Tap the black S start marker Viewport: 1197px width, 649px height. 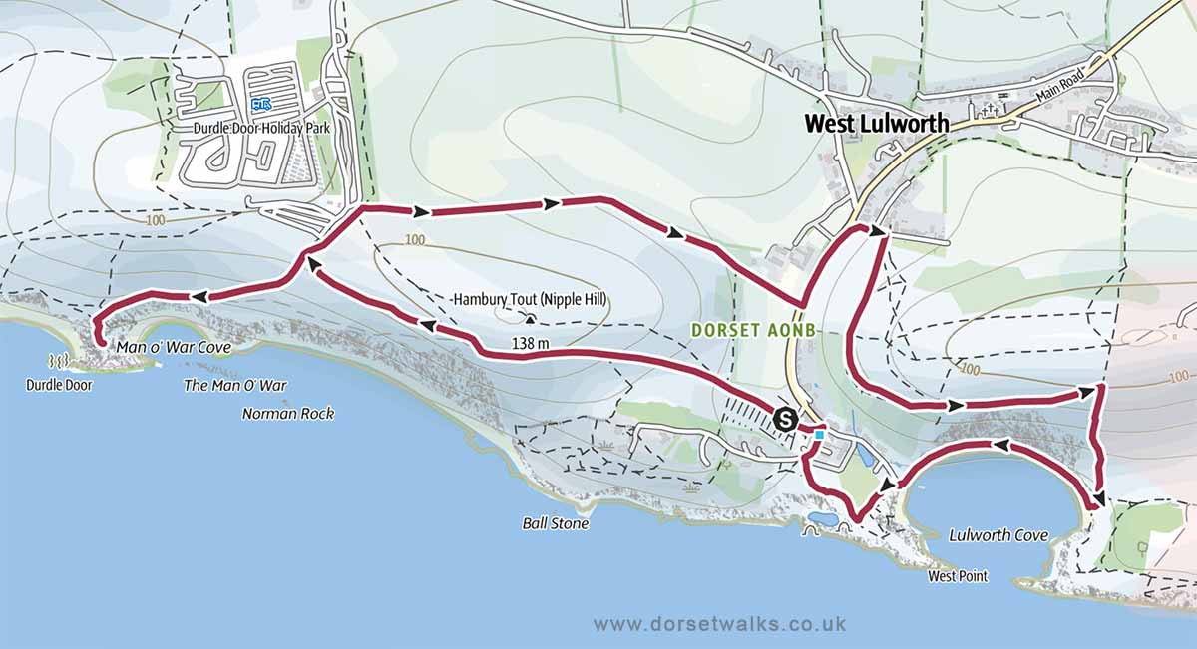785,418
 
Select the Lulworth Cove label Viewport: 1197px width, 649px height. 997,536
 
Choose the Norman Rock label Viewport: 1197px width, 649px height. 288,413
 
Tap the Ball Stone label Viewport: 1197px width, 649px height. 555,523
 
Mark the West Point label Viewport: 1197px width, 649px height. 956,576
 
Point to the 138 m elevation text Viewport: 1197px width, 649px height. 502,344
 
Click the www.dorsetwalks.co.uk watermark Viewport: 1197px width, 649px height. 719,623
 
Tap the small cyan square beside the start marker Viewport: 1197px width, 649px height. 819,434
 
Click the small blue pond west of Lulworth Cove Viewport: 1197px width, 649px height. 824,519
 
